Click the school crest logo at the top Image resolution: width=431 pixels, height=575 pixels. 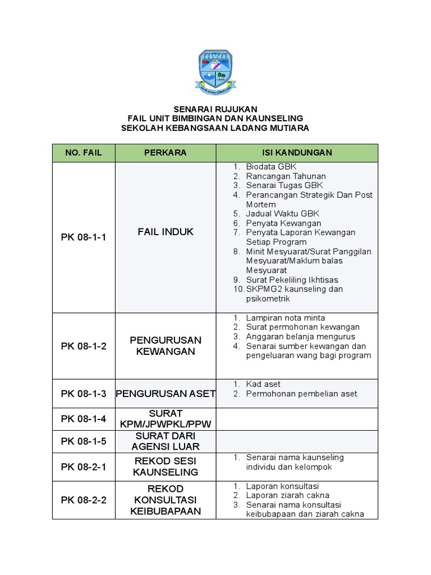[x=215, y=71]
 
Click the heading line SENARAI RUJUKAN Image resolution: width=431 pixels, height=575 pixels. [x=215, y=109]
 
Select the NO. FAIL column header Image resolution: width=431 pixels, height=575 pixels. [x=84, y=153]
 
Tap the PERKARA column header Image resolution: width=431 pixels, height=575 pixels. [x=166, y=153]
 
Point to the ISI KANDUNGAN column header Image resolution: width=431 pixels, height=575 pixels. [x=297, y=153]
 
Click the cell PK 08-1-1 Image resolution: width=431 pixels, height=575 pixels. [x=84, y=237]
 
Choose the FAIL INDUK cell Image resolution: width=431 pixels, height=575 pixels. [x=166, y=232]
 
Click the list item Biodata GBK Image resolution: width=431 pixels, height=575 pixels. [x=271, y=167]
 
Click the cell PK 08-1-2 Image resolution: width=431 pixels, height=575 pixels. [x=84, y=346]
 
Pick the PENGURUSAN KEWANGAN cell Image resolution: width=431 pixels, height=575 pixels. [x=166, y=346]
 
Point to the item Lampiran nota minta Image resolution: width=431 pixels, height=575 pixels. [x=285, y=318]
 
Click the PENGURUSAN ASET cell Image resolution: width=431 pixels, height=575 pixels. [x=166, y=394]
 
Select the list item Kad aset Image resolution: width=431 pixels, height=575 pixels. [x=264, y=384]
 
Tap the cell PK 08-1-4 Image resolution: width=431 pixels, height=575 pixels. [x=84, y=418]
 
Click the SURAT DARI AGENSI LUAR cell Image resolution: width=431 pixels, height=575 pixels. [x=166, y=441]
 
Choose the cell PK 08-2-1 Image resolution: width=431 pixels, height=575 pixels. [x=84, y=466]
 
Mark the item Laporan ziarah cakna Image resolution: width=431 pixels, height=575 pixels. [x=287, y=495]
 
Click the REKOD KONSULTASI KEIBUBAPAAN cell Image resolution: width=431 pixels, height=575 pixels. [x=166, y=500]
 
